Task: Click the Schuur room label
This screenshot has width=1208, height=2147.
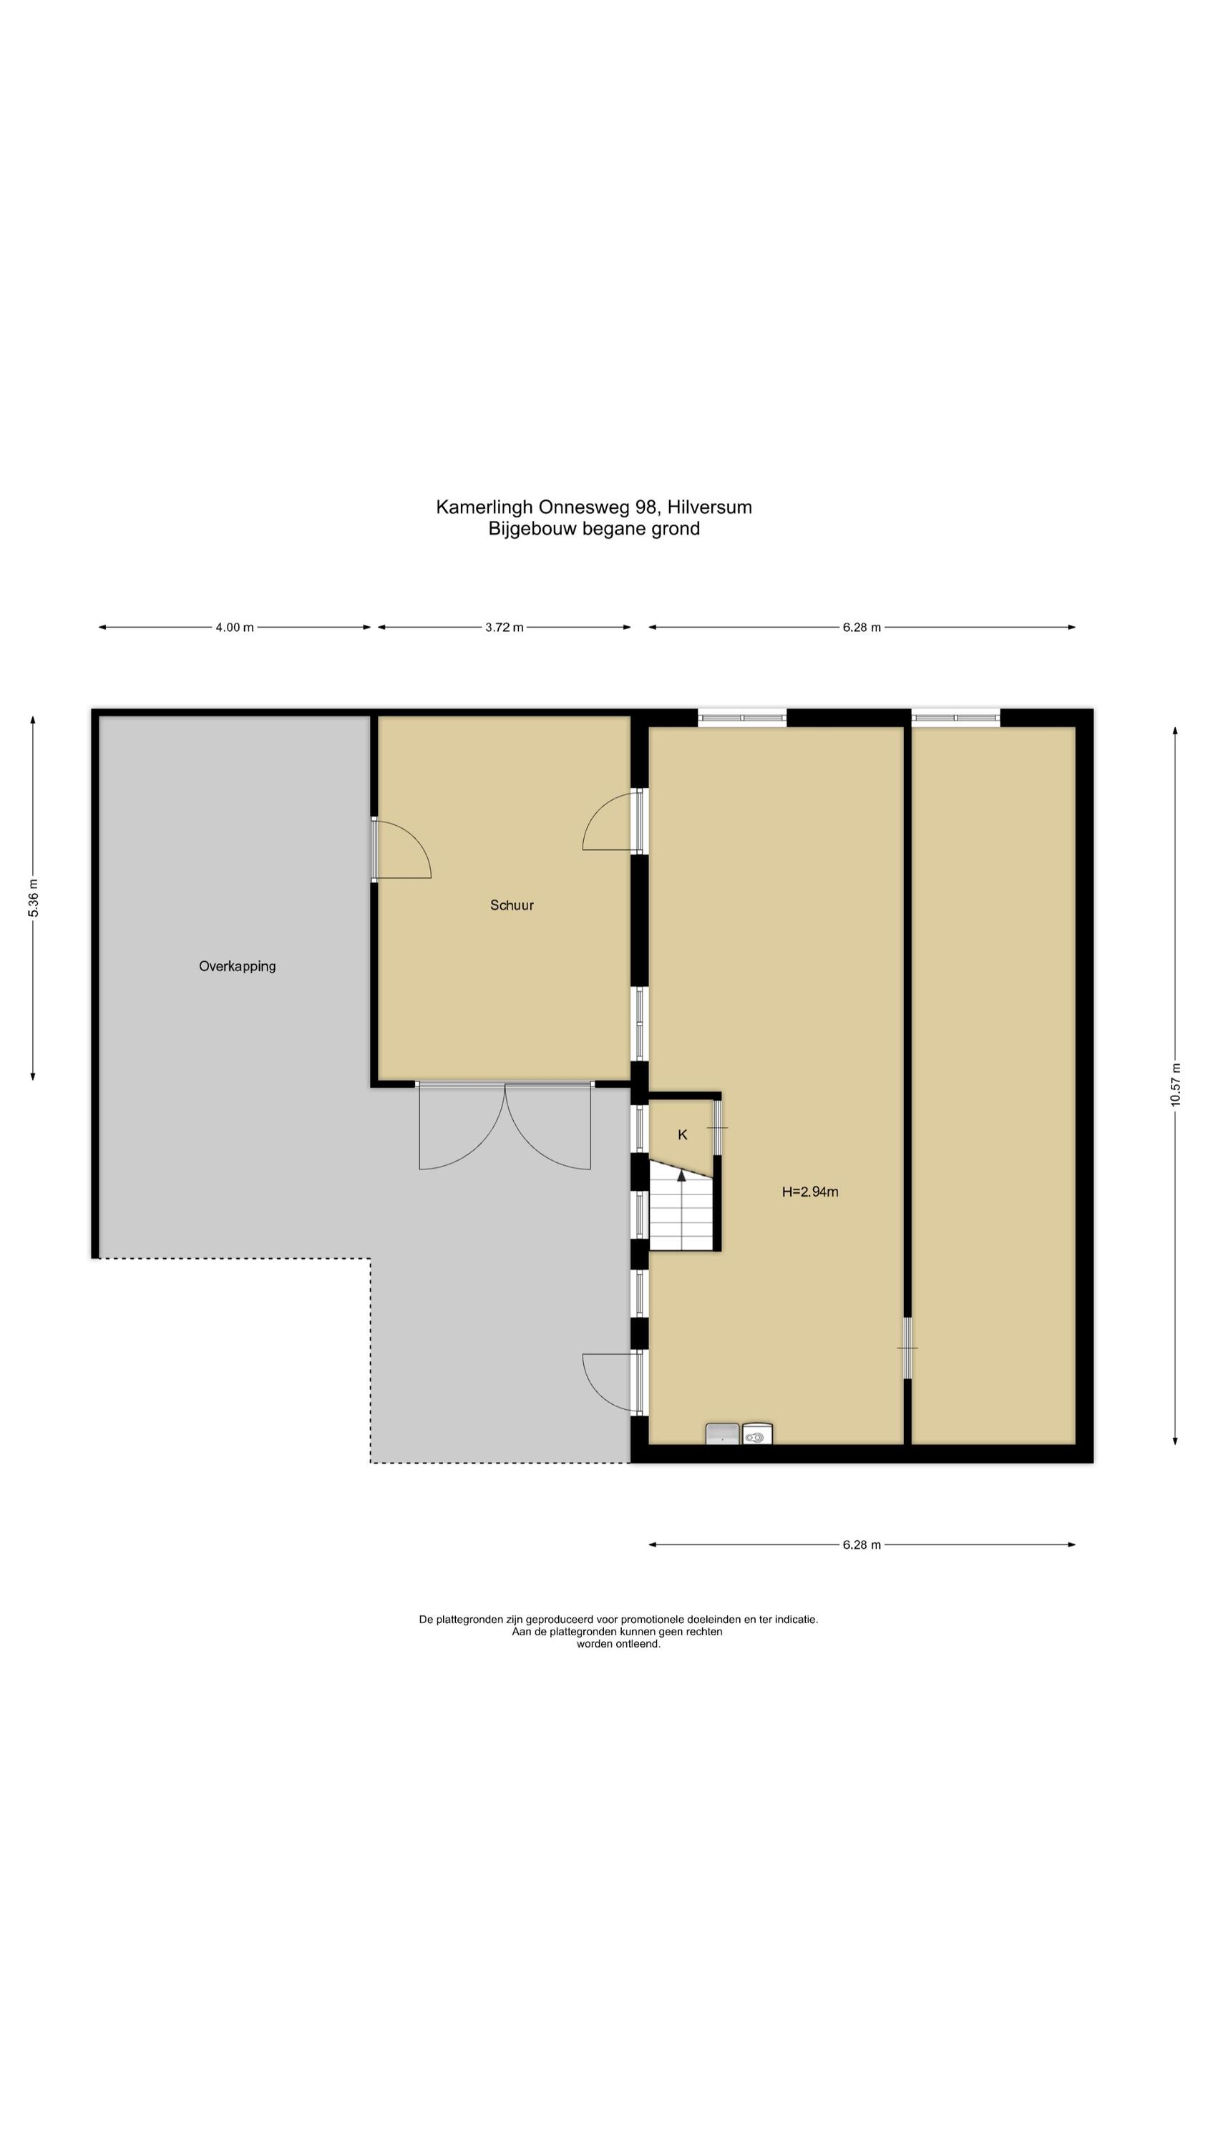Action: coord(511,905)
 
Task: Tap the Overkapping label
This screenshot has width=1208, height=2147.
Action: coord(237,967)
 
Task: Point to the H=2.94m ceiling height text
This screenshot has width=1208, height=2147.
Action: coord(809,1192)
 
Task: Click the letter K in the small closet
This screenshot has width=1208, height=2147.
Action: coord(682,1134)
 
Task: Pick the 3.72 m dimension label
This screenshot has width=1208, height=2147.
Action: coord(505,628)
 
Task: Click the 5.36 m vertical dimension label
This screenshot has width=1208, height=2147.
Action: coord(34,897)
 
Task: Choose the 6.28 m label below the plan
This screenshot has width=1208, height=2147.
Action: coord(861,1544)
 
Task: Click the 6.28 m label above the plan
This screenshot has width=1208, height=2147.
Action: coord(861,628)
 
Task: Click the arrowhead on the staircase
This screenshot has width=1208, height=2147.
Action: coord(681,1175)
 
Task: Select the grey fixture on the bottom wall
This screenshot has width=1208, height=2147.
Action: coord(722,1433)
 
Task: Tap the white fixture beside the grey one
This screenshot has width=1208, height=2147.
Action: coord(757,1433)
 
